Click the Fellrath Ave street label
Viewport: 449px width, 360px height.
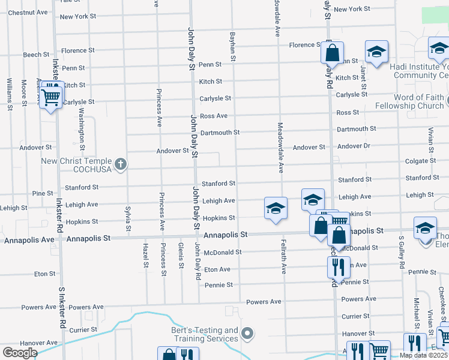[283, 257]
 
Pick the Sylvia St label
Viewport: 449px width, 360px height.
[128, 218]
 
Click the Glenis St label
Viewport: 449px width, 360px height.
[181, 256]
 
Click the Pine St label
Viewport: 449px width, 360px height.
[43, 193]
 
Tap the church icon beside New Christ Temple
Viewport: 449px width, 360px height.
[121, 164]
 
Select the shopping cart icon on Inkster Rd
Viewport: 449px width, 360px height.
[52, 95]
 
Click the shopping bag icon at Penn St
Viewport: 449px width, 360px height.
[332, 53]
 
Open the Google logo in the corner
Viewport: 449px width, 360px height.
[20, 353]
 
